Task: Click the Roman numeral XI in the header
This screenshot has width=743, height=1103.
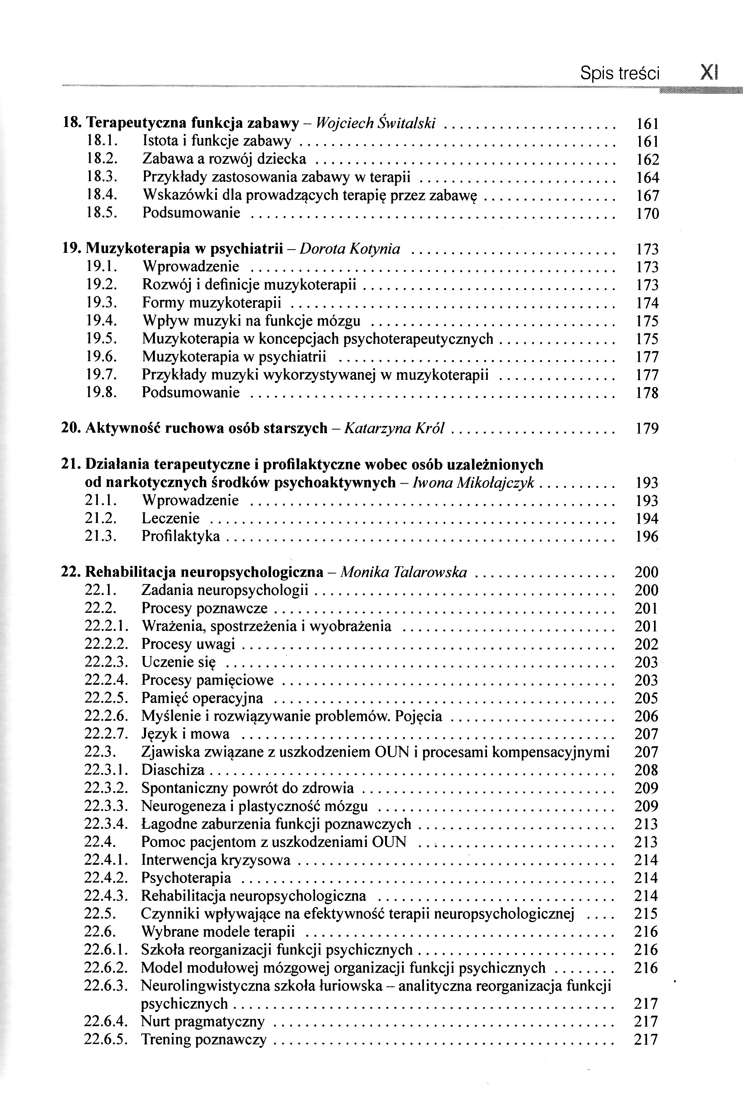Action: [709, 74]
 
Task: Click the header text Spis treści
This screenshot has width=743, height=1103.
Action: [619, 74]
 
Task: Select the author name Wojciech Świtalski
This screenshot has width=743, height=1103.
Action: [375, 123]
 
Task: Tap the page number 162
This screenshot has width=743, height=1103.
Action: [647, 160]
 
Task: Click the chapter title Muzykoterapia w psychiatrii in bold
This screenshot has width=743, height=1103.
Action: [184, 249]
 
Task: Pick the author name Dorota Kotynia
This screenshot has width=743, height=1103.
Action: [350, 249]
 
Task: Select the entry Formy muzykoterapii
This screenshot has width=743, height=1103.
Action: [212, 303]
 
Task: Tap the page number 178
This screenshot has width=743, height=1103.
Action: [647, 393]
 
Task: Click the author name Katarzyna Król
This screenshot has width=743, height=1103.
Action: [394, 428]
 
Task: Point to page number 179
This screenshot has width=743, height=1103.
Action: [647, 429]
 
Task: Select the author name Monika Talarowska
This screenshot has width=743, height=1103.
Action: [404, 572]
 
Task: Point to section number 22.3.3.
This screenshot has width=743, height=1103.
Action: [106, 806]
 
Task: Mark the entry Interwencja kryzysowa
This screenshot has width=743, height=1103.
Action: [216, 860]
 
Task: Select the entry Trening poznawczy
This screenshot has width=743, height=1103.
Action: [204, 1039]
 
